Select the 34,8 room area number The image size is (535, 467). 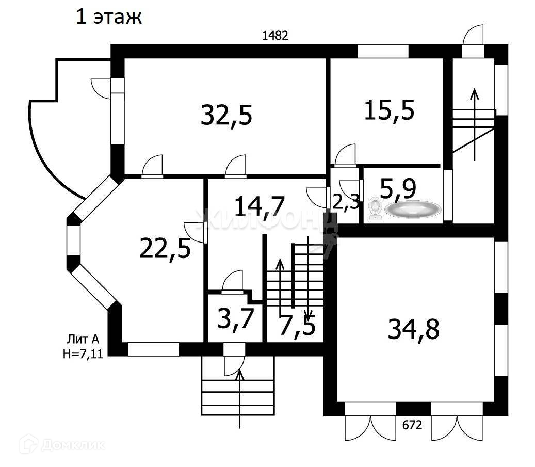tap(413, 329)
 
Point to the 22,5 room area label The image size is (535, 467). tap(165, 248)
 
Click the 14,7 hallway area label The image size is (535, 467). tap(259, 205)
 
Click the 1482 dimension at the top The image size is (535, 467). tap(274, 36)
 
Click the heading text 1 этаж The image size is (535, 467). tap(108, 17)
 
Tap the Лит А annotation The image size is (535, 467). tap(82, 340)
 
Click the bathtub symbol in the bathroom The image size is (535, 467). tap(413, 209)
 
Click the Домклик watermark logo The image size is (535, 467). tap(62, 444)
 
